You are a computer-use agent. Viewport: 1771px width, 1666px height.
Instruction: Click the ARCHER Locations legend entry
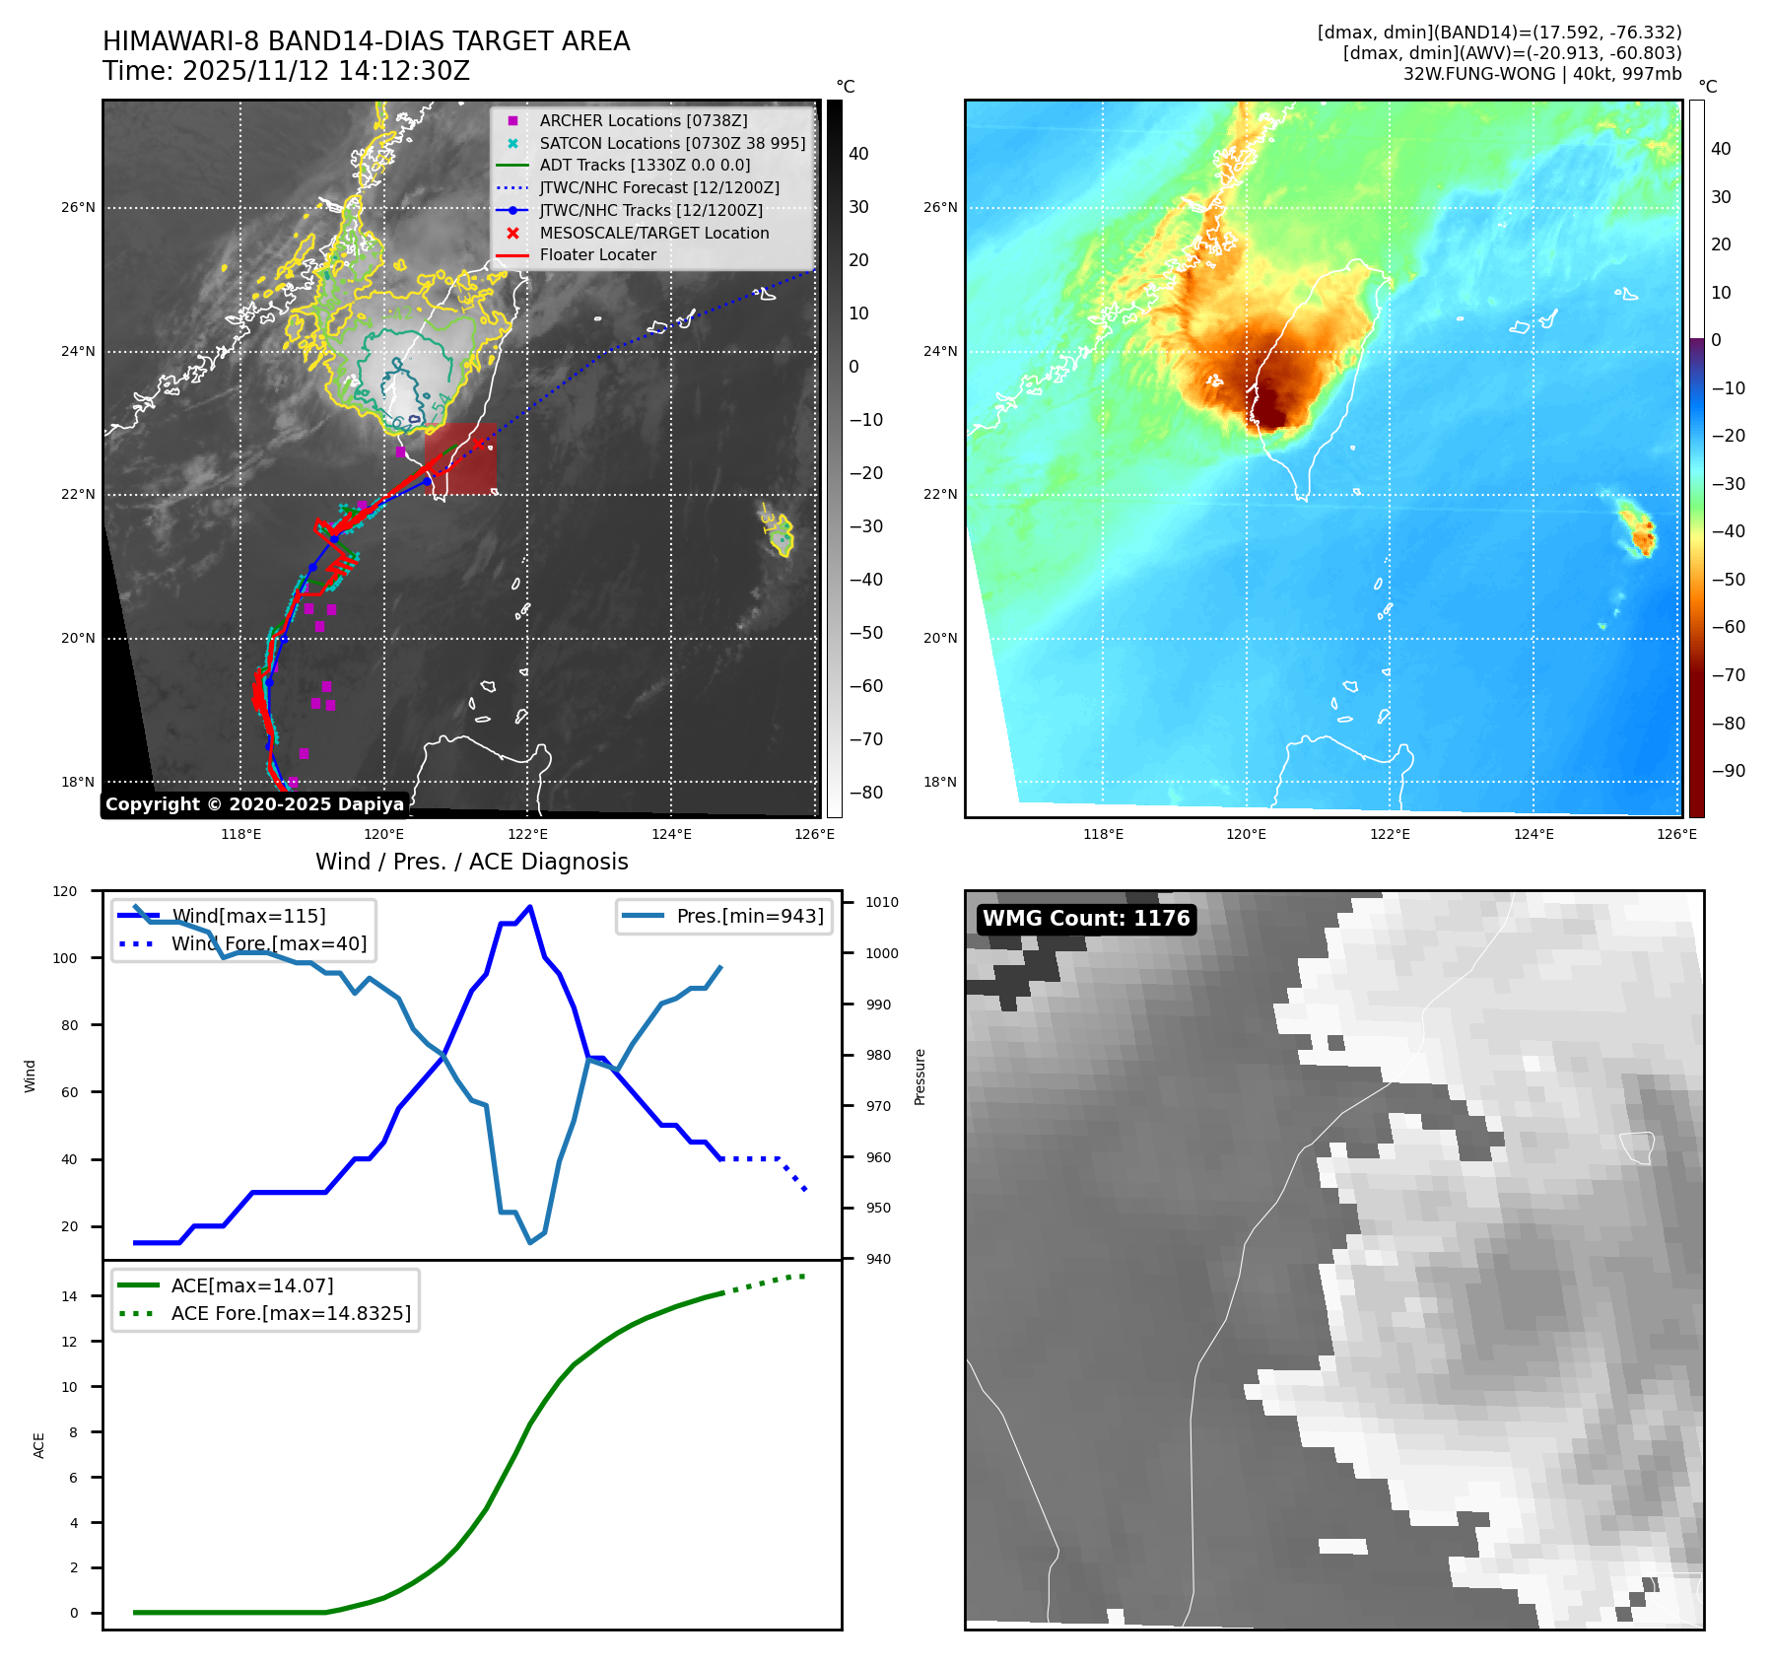point(643,120)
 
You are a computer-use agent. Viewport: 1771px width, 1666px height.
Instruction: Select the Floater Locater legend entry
point(597,254)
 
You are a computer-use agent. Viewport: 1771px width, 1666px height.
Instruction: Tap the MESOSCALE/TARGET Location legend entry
point(653,233)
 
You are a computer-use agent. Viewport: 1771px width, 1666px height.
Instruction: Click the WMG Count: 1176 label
point(1086,919)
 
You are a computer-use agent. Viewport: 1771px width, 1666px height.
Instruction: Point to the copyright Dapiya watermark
point(254,804)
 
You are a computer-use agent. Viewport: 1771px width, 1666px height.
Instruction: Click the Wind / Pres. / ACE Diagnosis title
point(471,862)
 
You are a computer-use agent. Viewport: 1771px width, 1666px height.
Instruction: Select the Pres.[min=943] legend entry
point(749,916)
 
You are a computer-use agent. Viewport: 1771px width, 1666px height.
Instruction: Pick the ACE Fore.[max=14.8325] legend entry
point(291,1313)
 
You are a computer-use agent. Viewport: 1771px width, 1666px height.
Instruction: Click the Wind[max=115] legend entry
point(248,916)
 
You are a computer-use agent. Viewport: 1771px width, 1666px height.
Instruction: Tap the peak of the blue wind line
point(530,907)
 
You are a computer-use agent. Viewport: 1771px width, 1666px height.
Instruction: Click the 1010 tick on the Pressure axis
point(882,902)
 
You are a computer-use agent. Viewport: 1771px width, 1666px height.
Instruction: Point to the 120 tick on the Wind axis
point(65,891)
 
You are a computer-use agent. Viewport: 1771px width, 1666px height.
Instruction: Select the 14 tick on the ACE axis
point(69,1296)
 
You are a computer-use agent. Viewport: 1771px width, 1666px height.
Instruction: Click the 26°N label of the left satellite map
point(79,208)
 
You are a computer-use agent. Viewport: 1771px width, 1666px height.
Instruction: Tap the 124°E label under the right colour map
point(1533,834)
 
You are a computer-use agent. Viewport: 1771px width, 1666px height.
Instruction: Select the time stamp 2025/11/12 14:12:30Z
point(326,71)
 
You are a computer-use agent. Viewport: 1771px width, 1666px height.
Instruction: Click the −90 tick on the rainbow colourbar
point(1728,771)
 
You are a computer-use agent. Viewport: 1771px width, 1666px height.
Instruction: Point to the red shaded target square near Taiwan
point(460,458)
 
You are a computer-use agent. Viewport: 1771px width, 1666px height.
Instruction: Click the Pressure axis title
point(920,1076)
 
